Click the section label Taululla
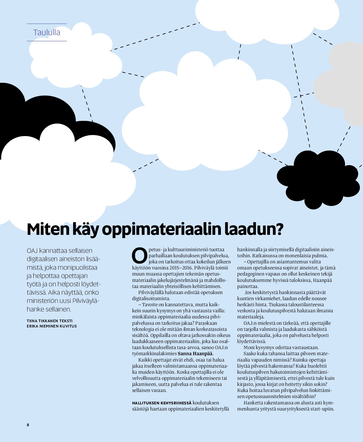point(47,32)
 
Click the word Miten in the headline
point(47,229)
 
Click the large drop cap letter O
point(140,256)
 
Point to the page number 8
point(28,425)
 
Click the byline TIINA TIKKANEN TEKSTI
point(49,321)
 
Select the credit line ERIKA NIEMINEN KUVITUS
point(52,326)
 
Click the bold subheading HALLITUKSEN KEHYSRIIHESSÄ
point(162,403)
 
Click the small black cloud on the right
point(318,178)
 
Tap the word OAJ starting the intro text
point(32,251)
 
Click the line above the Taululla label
point(47,24)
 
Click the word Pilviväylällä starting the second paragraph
point(151,292)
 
